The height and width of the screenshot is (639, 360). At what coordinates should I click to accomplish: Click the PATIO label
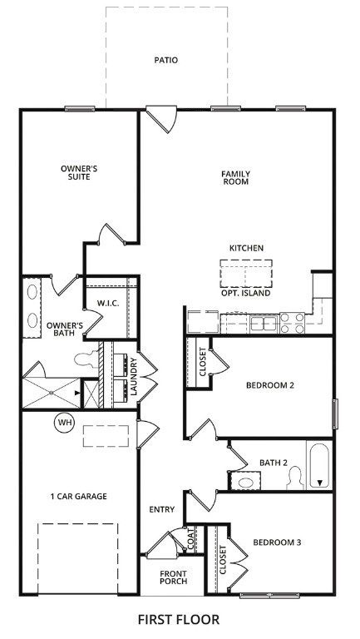pyautogui.click(x=166, y=60)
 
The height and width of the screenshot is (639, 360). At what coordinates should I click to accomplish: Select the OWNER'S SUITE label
pyautogui.click(x=79, y=173)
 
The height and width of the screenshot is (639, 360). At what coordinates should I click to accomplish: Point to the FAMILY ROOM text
pyautogui.click(x=236, y=178)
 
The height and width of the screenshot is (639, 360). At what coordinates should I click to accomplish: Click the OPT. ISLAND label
pyautogui.click(x=246, y=293)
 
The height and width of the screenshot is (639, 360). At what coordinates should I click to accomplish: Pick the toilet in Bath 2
pyautogui.click(x=295, y=478)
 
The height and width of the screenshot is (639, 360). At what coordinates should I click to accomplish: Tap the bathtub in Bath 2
pyautogui.click(x=320, y=465)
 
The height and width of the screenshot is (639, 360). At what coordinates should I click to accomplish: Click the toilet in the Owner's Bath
pyautogui.click(x=86, y=359)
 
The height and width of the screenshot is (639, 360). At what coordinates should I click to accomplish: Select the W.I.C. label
pyautogui.click(x=108, y=303)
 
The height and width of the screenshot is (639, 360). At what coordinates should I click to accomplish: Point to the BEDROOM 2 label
pyautogui.click(x=270, y=385)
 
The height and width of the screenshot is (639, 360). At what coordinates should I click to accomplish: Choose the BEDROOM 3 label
pyautogui.click(x=277, y=542)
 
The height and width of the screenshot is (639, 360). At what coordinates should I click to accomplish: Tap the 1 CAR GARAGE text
pyautogui.click(x=79, y=497)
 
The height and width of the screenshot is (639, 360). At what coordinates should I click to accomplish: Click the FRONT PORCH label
pyautogui.click(x=174, y=577)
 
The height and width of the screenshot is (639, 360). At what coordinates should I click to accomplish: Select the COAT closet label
pyautogui.click(x=191, y=539)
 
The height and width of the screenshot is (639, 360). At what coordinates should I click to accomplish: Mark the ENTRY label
pyautogui.click(x=161, y=509)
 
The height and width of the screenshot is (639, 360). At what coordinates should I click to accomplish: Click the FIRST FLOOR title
pyautogui.click(x=179, y=620)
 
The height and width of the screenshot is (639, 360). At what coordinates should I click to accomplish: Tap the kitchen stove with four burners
pyautogui.click(x=293, y=323)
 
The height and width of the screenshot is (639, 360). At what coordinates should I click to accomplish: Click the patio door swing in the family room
pyautogui.click(x=162, y=119)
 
